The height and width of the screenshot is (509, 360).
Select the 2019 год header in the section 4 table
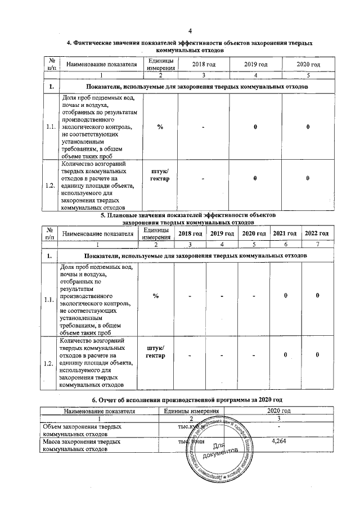click(255, 65)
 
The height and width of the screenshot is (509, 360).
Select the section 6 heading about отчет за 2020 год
click(190, 399)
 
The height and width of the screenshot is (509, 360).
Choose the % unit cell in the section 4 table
click(160, 127)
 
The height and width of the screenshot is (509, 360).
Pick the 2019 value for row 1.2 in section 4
click(255, 178)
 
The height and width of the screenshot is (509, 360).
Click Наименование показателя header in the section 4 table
click(102, 65)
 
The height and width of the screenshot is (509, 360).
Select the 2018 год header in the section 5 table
click(190, 233)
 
